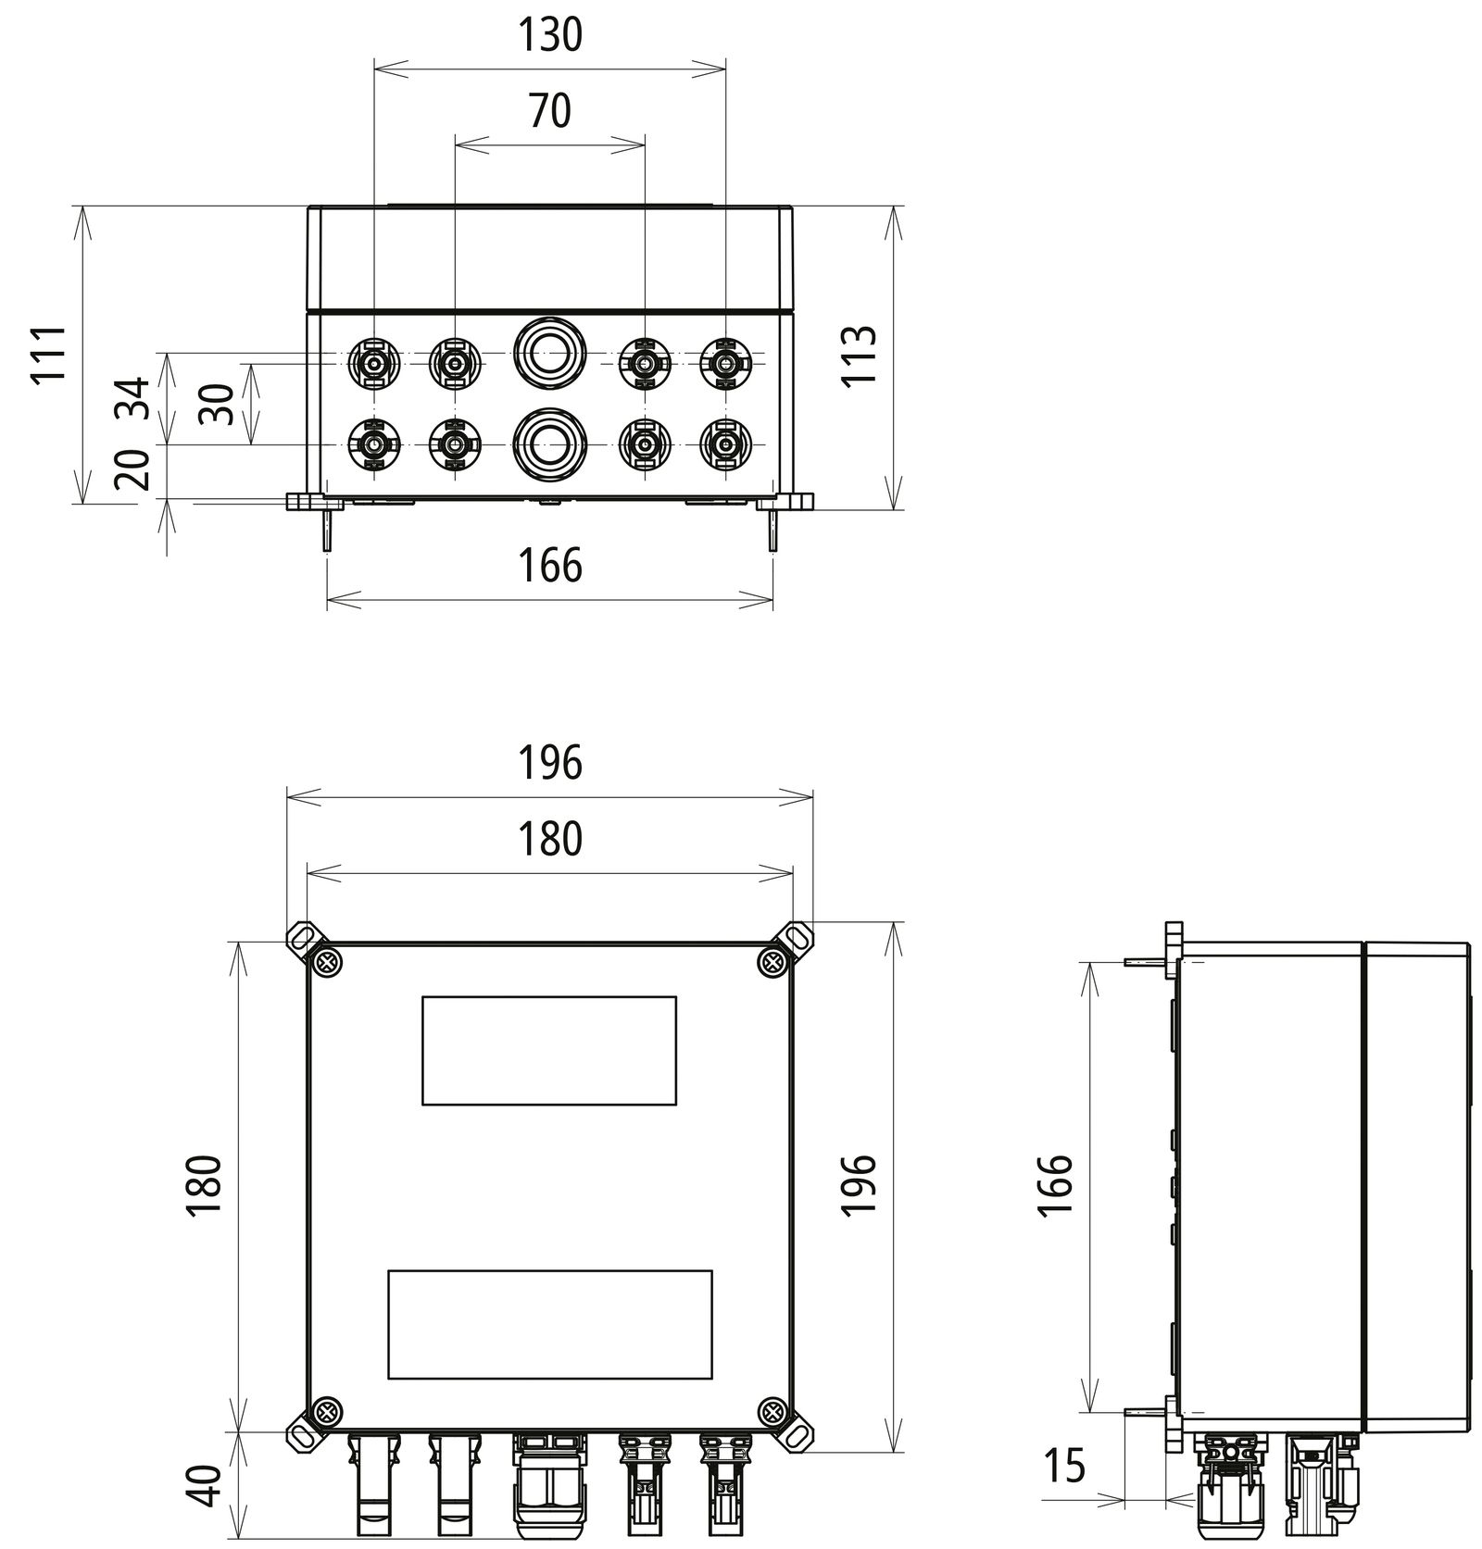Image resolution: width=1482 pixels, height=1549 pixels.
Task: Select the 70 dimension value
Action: pyautogui.click(x=549, y=112)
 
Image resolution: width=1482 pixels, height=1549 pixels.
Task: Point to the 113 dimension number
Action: pyautogui.click(x=860, y=356)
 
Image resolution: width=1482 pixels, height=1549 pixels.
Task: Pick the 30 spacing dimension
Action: pyautogui.click(x=219, y=404)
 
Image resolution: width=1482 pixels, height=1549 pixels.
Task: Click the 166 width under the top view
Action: pyautogui.click(x=549, y=566)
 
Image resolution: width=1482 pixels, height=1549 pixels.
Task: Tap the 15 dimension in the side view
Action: pyautogui.click(x=1063, y=1467)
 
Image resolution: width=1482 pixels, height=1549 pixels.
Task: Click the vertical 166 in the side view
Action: pyautogui.click(x=1056, y=1186)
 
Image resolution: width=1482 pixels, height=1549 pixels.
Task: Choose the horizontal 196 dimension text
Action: pyautogui.click(x=549, y=763)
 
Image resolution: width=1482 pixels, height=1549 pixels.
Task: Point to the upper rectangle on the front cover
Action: pyautogui.click(x=548, y=1050)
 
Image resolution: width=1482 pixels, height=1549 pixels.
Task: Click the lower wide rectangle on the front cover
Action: pyautogui.click(x=549, y=1324)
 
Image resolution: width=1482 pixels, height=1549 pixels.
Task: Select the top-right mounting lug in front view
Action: pyautogui.click(x=796, y=939)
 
